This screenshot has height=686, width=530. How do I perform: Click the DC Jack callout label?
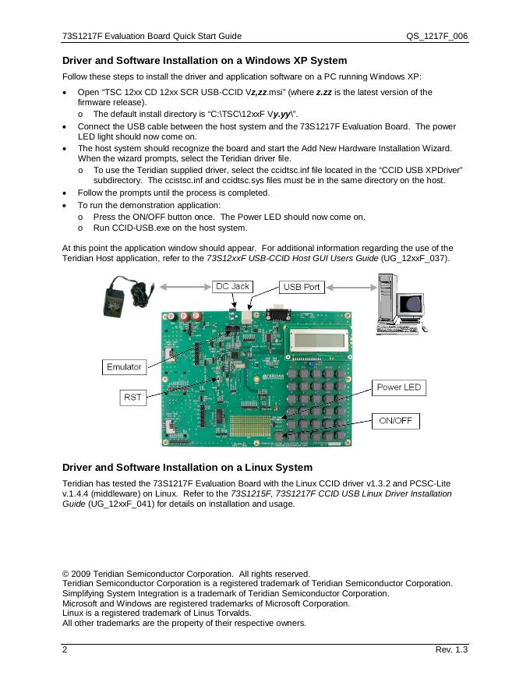coord(233,286)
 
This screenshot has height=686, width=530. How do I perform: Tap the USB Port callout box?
coord(302,287)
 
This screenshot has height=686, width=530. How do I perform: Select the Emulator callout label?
coord(124,366)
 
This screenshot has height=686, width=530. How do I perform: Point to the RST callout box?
coord(132,398)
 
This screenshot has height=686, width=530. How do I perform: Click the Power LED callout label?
coord(398,387)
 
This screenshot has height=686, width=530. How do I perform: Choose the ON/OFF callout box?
coord(395,421)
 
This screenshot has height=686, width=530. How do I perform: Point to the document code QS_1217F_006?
coord(436,36)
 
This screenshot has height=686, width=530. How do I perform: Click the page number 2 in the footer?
coord(65,650)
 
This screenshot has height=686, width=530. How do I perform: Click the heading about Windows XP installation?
coord(204,60)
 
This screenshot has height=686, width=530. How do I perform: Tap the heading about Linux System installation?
coord(187,468)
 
